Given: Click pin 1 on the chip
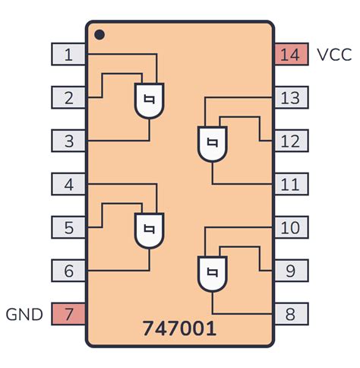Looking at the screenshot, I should coord(68,54).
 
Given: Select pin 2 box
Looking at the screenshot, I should coord(68,97).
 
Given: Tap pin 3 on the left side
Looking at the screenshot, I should coord(68,141).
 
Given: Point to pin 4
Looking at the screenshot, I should coord(68,184).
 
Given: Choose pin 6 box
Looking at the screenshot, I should coord(68,270).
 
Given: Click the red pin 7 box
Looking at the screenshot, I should coord(68,313).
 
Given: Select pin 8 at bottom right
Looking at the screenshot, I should coord(291,313).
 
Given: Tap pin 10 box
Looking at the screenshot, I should coord(291,227).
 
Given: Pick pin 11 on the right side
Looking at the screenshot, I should coord(291,184).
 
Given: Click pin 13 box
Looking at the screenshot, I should coord(291,97).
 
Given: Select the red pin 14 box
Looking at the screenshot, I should coord(291,54).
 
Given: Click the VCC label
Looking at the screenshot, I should coord(334,55).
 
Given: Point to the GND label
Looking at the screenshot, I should coord(24,313).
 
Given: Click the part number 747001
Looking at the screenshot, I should coord(179,328).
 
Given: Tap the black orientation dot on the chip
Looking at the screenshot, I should coord(99,34).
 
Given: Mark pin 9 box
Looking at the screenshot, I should coord(291,270).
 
